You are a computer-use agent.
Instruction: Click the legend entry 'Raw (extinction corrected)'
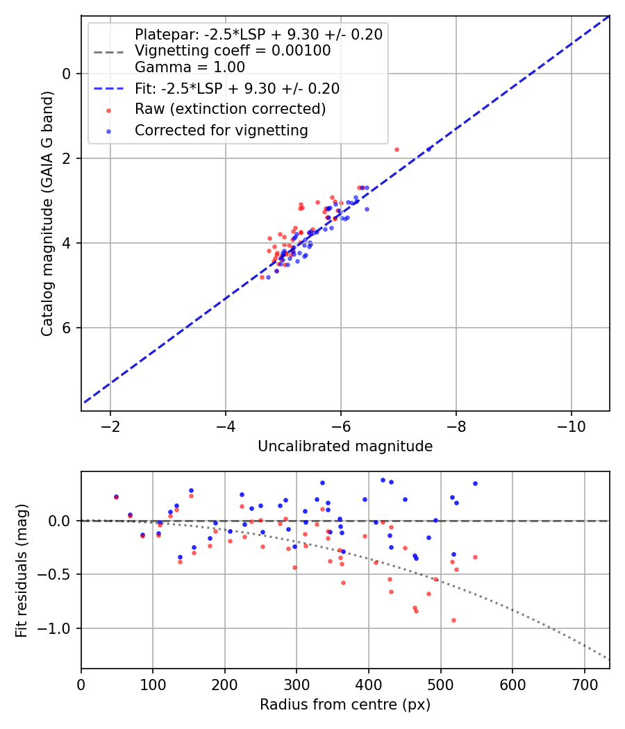230,109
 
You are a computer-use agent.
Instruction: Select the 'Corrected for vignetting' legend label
222,130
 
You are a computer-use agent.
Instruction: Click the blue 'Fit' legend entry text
237,88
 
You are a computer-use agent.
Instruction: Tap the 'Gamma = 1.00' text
190,67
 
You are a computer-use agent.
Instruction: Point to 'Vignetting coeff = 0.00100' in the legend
233,51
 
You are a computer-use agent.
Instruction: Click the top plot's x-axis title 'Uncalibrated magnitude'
345,446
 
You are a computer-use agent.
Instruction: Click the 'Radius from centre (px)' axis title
345,705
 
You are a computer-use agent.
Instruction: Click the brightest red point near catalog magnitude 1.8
397,149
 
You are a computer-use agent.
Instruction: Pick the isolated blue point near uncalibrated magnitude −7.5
428,149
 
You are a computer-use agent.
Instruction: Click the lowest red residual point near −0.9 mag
453,620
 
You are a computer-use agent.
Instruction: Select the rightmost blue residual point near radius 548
475,483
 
